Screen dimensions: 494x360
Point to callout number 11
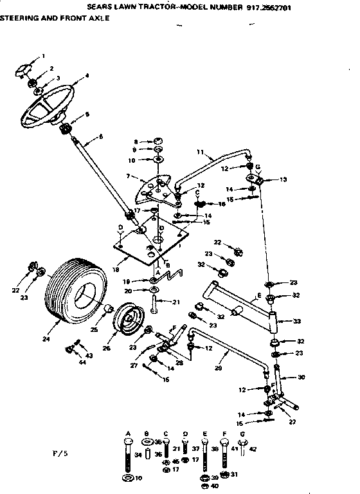click(201, 153)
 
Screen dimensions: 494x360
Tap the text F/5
click(59, 454)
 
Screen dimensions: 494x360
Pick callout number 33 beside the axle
click(297, 321)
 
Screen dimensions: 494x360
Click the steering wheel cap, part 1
click(25, 68)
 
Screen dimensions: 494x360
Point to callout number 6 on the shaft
click(100, 136)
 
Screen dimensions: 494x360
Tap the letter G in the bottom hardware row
click(242, 434)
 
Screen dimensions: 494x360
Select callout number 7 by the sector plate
click(129, 176)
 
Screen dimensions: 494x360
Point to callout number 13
click(284, 179)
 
